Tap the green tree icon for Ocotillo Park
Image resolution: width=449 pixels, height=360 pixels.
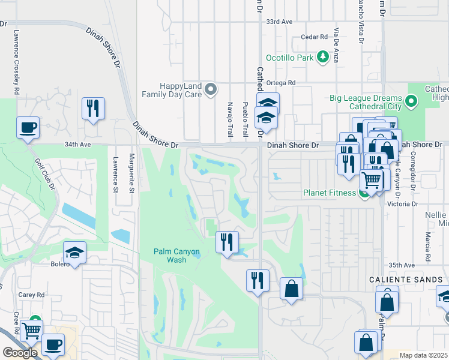point(323,57)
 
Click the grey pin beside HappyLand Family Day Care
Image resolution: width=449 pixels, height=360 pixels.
point(211,89)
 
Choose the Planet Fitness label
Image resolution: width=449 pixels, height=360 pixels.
point(329,193)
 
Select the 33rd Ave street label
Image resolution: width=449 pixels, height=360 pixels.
point(279,22)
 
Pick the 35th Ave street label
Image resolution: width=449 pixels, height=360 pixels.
point(402,265)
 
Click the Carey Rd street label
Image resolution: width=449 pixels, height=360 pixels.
point(32,295)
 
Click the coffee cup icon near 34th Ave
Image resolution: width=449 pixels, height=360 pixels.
point(28,128)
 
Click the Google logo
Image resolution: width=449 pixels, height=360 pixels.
point(20,353)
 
